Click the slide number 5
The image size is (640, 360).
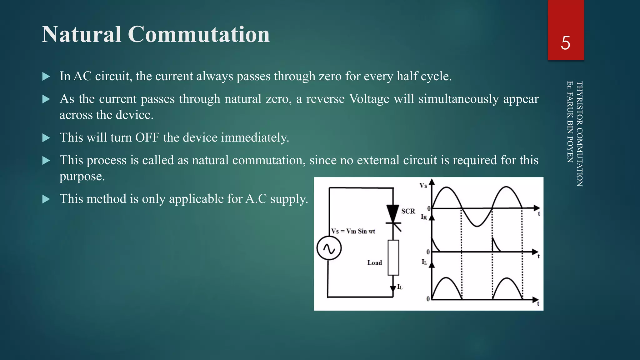coord(565,43)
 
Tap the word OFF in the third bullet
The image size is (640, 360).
coord(147,137)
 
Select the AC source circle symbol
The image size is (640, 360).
coord(329,248)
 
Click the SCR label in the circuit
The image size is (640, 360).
coord(408,211)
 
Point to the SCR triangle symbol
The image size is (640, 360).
coord(393,213)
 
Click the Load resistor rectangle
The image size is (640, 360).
coord(393,257)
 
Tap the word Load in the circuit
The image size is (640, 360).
coord(374,263)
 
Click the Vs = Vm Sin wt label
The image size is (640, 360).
coord(353,231)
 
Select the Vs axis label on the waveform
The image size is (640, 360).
coord(423,186)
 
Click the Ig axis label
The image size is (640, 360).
coord(423,216)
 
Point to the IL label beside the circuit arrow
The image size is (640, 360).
coord(400,287)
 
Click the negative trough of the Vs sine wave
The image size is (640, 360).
coord(477,225)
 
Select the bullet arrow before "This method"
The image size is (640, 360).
coord(46,199)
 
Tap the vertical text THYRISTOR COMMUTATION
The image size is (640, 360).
coord(579,134)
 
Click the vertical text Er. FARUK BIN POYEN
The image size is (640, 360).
coord(570,122)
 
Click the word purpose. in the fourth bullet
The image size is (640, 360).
coord(82,177)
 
